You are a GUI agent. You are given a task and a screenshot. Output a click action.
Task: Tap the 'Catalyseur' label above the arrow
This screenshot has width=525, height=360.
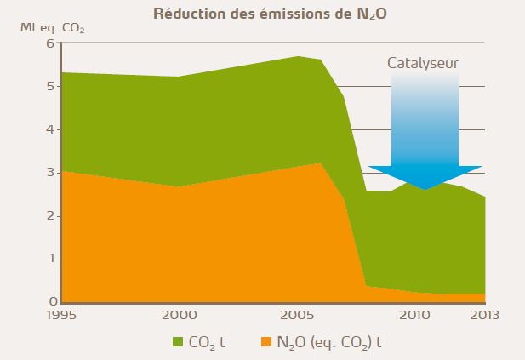[424, 63]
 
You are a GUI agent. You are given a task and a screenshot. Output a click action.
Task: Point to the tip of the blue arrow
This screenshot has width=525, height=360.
[425, 188]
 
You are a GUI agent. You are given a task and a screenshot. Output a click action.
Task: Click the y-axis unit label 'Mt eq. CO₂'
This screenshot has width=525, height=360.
[50, 26]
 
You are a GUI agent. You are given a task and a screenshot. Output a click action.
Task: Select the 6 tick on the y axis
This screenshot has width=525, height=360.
[51, 43]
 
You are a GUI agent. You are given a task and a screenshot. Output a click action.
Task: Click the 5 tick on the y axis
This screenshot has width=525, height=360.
[51, 87]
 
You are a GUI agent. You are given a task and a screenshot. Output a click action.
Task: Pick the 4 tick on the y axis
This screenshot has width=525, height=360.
[51, 129]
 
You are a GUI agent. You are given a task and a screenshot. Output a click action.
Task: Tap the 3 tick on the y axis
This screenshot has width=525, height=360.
[51, 173]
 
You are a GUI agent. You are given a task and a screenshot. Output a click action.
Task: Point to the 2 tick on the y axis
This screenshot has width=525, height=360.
[51, 216]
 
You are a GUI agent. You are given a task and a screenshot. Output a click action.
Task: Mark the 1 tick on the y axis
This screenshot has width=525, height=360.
[51, 259]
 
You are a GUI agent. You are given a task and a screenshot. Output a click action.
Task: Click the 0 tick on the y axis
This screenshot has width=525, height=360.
[51, 302]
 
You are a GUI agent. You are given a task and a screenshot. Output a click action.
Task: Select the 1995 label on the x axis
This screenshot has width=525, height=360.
[62, 316]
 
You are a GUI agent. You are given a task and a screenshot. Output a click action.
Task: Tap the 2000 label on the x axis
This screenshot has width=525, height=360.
[178, 316]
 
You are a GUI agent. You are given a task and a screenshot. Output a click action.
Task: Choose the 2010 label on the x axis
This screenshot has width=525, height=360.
[414, 316]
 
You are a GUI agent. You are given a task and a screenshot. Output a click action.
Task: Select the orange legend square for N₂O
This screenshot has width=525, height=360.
[261, 342]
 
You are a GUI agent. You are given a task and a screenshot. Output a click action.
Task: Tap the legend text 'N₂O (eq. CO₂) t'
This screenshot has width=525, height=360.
[328, 343]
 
